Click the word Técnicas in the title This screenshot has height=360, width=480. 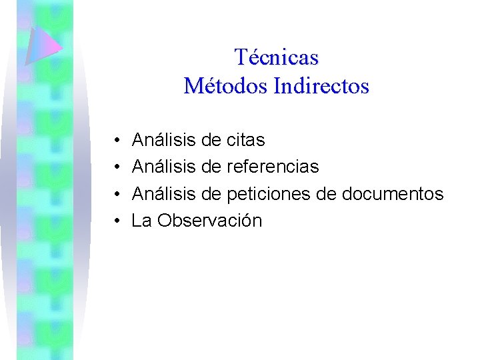point(277,57)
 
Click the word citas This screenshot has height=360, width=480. point(246,140)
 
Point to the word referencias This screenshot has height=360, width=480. point(273,167)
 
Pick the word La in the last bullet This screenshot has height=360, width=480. point(142,221)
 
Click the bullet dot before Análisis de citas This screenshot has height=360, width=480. point(116,141)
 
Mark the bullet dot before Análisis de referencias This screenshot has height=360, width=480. point(116,167)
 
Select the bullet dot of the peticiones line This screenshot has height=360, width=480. point(116,195)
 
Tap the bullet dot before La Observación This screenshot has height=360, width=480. point(116,221)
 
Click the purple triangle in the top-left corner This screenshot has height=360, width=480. point(41,45)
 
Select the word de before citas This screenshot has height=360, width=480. point(211,140)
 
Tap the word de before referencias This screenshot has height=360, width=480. point(211,167)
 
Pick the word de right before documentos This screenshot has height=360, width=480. point(326,194)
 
